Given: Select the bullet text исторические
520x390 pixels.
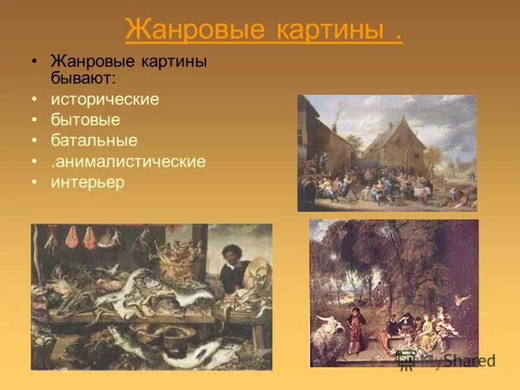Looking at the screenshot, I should [105, 100].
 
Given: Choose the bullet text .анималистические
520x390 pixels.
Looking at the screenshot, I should [128, 161].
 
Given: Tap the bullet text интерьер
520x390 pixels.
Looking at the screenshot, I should [87, 182].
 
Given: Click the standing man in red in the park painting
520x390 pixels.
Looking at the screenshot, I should [356, 325].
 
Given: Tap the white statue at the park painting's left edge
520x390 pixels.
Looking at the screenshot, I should [322, 322].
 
